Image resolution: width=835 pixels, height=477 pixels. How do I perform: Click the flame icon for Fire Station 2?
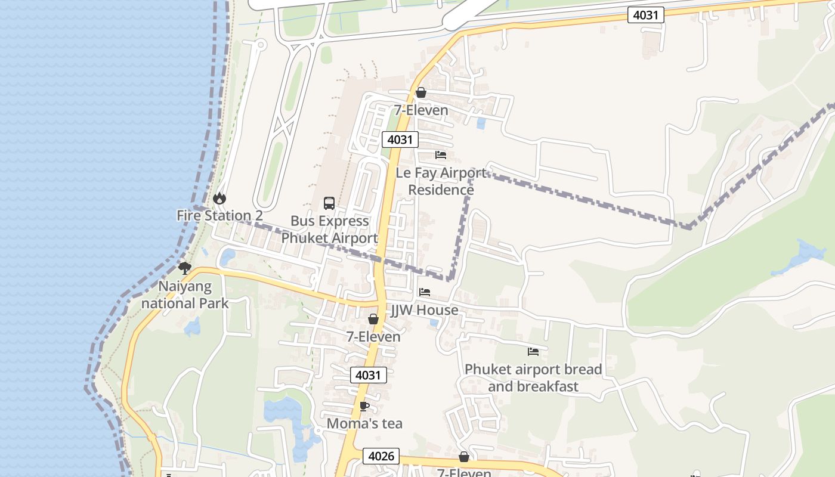tap(219, 198)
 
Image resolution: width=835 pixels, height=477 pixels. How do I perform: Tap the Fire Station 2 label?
tap(219, 216)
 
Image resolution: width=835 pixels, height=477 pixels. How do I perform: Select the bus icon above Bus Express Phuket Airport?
tap(329, 203)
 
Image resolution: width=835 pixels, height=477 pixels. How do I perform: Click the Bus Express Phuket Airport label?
tap(329, 230)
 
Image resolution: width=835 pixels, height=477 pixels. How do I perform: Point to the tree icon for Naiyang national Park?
tap(185, 268)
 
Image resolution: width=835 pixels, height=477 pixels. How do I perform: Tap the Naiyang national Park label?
tap(185, 295)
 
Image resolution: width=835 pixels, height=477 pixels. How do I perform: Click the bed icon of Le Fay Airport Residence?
tap(441, 155)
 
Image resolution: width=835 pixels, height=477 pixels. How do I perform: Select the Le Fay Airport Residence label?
tap(441, 181)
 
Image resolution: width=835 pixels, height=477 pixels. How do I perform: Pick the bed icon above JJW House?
tap(425, 292)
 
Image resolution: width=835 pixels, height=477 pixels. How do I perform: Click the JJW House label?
tap(425, 310)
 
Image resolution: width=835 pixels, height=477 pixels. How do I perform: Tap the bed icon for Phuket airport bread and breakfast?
tap(533, 352)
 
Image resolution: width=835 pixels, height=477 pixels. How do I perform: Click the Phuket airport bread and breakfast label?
tap(533, 377)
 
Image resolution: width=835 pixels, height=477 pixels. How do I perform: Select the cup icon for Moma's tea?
tap(364, 407)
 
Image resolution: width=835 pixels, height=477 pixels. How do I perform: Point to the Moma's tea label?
tap(364, 424)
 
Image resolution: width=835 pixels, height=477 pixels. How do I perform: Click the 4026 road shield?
tap(381, 456)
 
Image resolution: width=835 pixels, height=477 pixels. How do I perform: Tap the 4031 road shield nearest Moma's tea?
tap(368, 375)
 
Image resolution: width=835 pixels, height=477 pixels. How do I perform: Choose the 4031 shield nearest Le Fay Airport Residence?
tap(400, 140)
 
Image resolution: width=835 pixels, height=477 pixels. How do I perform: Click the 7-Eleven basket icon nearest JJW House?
tap(373, 320)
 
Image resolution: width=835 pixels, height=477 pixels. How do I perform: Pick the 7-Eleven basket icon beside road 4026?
tap(464, 457)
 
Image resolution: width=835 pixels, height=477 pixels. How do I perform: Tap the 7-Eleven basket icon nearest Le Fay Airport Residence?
tap(421, 92)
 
